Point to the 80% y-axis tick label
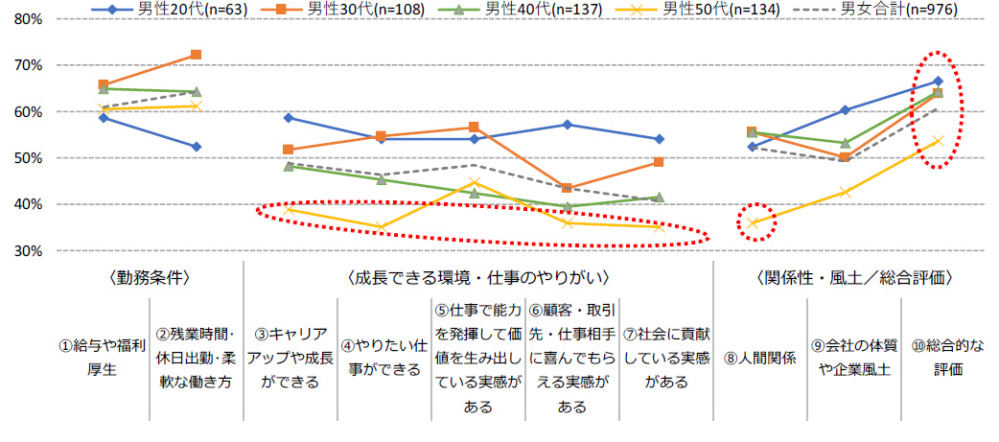tap(25, 19)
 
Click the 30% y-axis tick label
tap(25, 250)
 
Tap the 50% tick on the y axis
tap(25, 158)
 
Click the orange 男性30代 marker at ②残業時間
tap(196, 55)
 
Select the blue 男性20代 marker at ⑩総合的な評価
tap(938, 81)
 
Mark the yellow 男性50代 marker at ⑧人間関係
tap(752, 222)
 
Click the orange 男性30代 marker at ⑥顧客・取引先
tap(567, 188)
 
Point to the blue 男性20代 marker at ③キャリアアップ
tap(289, 118)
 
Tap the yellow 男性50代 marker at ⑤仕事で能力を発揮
tap(474, 182)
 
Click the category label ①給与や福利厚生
tap(102, 355)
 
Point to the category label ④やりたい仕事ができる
tap(382, 355)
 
